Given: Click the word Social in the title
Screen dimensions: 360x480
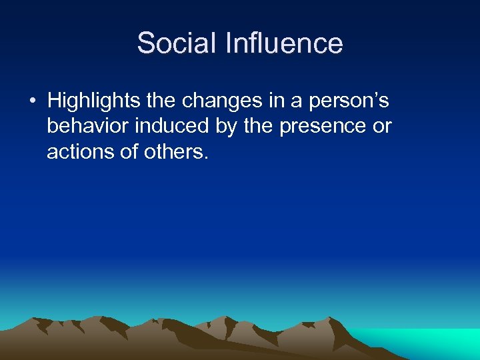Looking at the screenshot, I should (176, 44).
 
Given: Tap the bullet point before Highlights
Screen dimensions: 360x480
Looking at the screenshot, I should (31, 101).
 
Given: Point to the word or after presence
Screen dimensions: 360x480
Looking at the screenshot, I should (382, 127).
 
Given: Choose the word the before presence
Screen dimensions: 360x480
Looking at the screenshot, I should (261, 127).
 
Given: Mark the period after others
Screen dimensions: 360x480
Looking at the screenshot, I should (206, 157).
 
